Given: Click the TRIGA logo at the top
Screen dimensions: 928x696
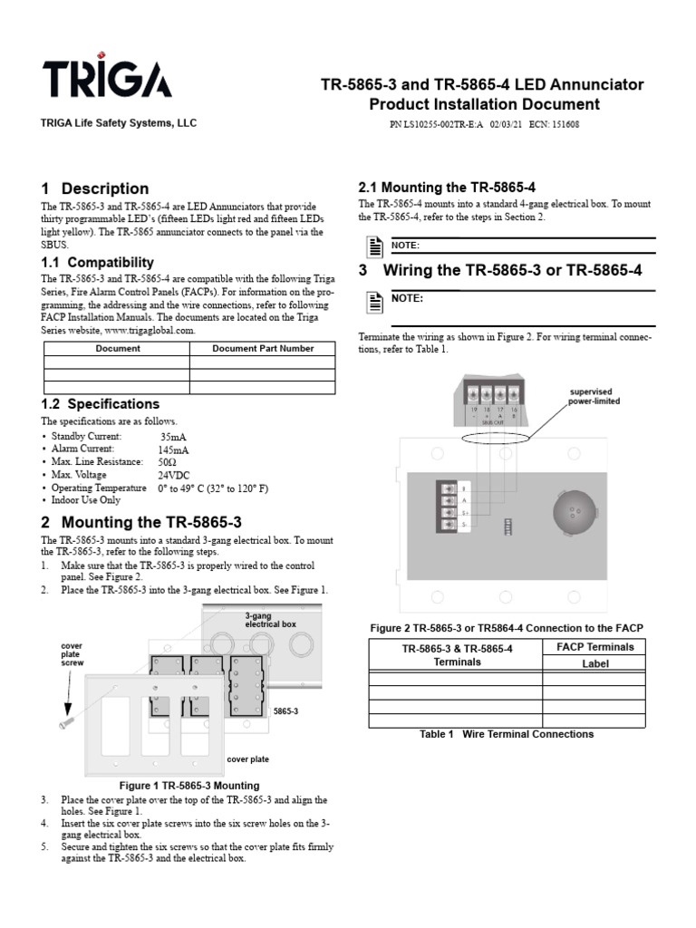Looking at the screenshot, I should pos(106,81).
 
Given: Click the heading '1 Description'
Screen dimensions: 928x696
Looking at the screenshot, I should pos(95,188).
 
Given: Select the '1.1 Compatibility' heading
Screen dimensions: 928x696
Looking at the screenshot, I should pos(100,262).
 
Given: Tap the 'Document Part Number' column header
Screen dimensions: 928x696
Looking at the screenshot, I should pos(263,348).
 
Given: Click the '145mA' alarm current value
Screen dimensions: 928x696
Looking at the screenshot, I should pos(174,449).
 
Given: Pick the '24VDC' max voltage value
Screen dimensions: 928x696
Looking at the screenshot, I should pos(174,474).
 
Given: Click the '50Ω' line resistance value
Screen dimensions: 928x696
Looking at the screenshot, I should pos(169,461).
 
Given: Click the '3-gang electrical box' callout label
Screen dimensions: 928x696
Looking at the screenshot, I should pos(269,620).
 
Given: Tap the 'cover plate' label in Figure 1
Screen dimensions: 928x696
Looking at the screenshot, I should pos(247,759).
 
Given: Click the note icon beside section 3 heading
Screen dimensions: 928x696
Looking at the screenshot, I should pos(372,302).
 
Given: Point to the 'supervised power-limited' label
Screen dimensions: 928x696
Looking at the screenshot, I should pos(594,396).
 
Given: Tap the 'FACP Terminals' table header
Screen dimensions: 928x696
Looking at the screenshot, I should pos(594,646).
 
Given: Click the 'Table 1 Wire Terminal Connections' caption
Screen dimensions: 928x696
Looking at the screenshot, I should pos(507,734).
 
